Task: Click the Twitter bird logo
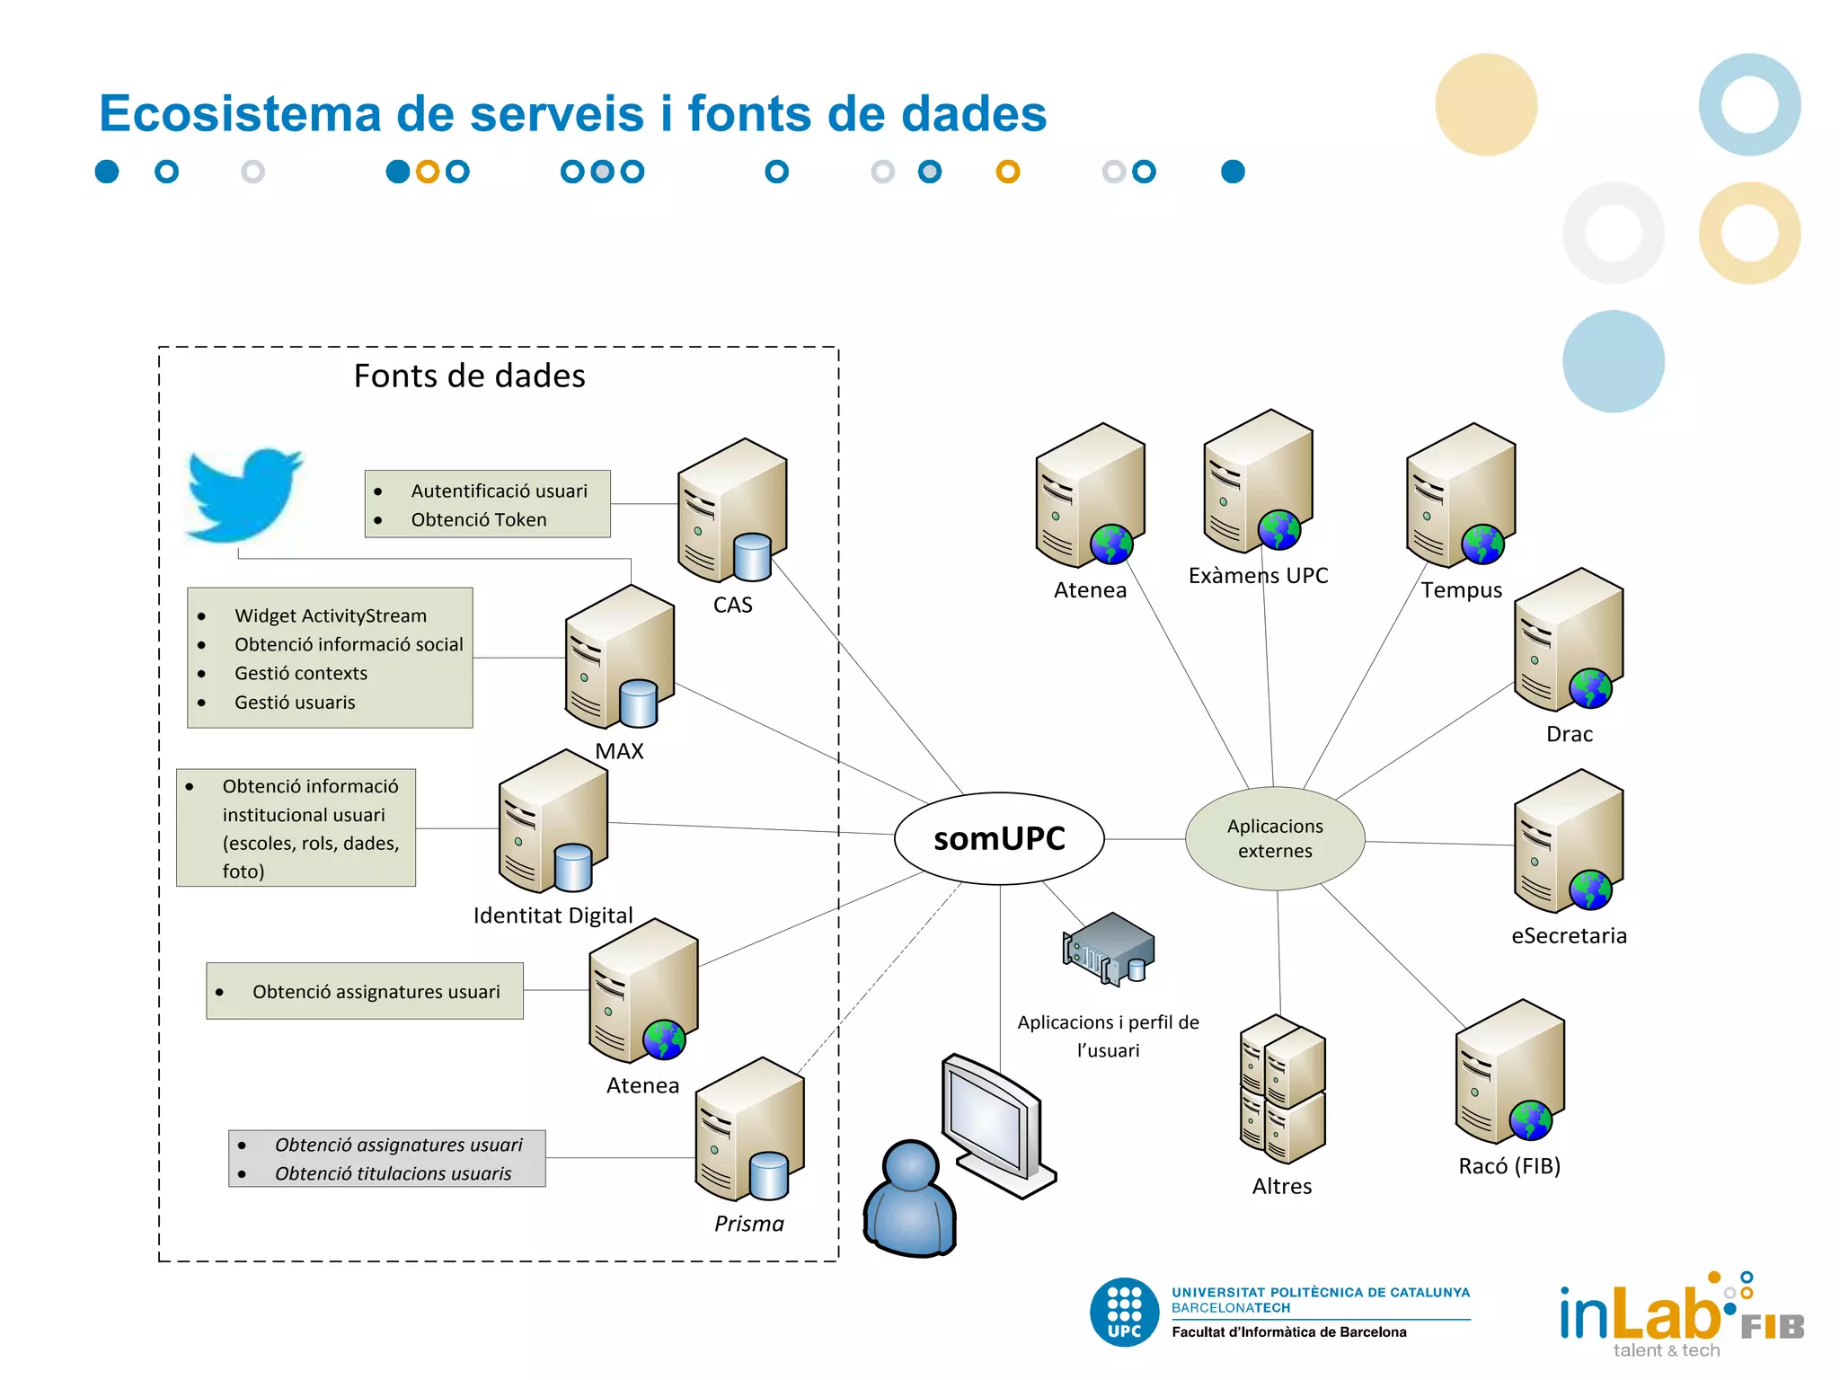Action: pos(243,494)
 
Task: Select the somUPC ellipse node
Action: pos(999,838)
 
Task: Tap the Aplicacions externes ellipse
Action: pos(1275,838)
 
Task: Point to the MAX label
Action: pos(619,751)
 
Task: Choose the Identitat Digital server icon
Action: pos(553,822)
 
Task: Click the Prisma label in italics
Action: pos(748,1224)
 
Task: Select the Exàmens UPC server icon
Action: pos(1257,482)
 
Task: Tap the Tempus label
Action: pos(1461,590)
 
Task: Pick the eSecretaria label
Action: pos(1569,936)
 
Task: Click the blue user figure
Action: pos(909,1199)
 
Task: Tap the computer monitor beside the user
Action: pos(995,1123)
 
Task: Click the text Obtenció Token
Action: pos(478,520)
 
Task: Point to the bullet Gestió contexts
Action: pos(300,674)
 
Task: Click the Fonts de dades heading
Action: pos(469,376)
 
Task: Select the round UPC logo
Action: pos(1124,1312)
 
